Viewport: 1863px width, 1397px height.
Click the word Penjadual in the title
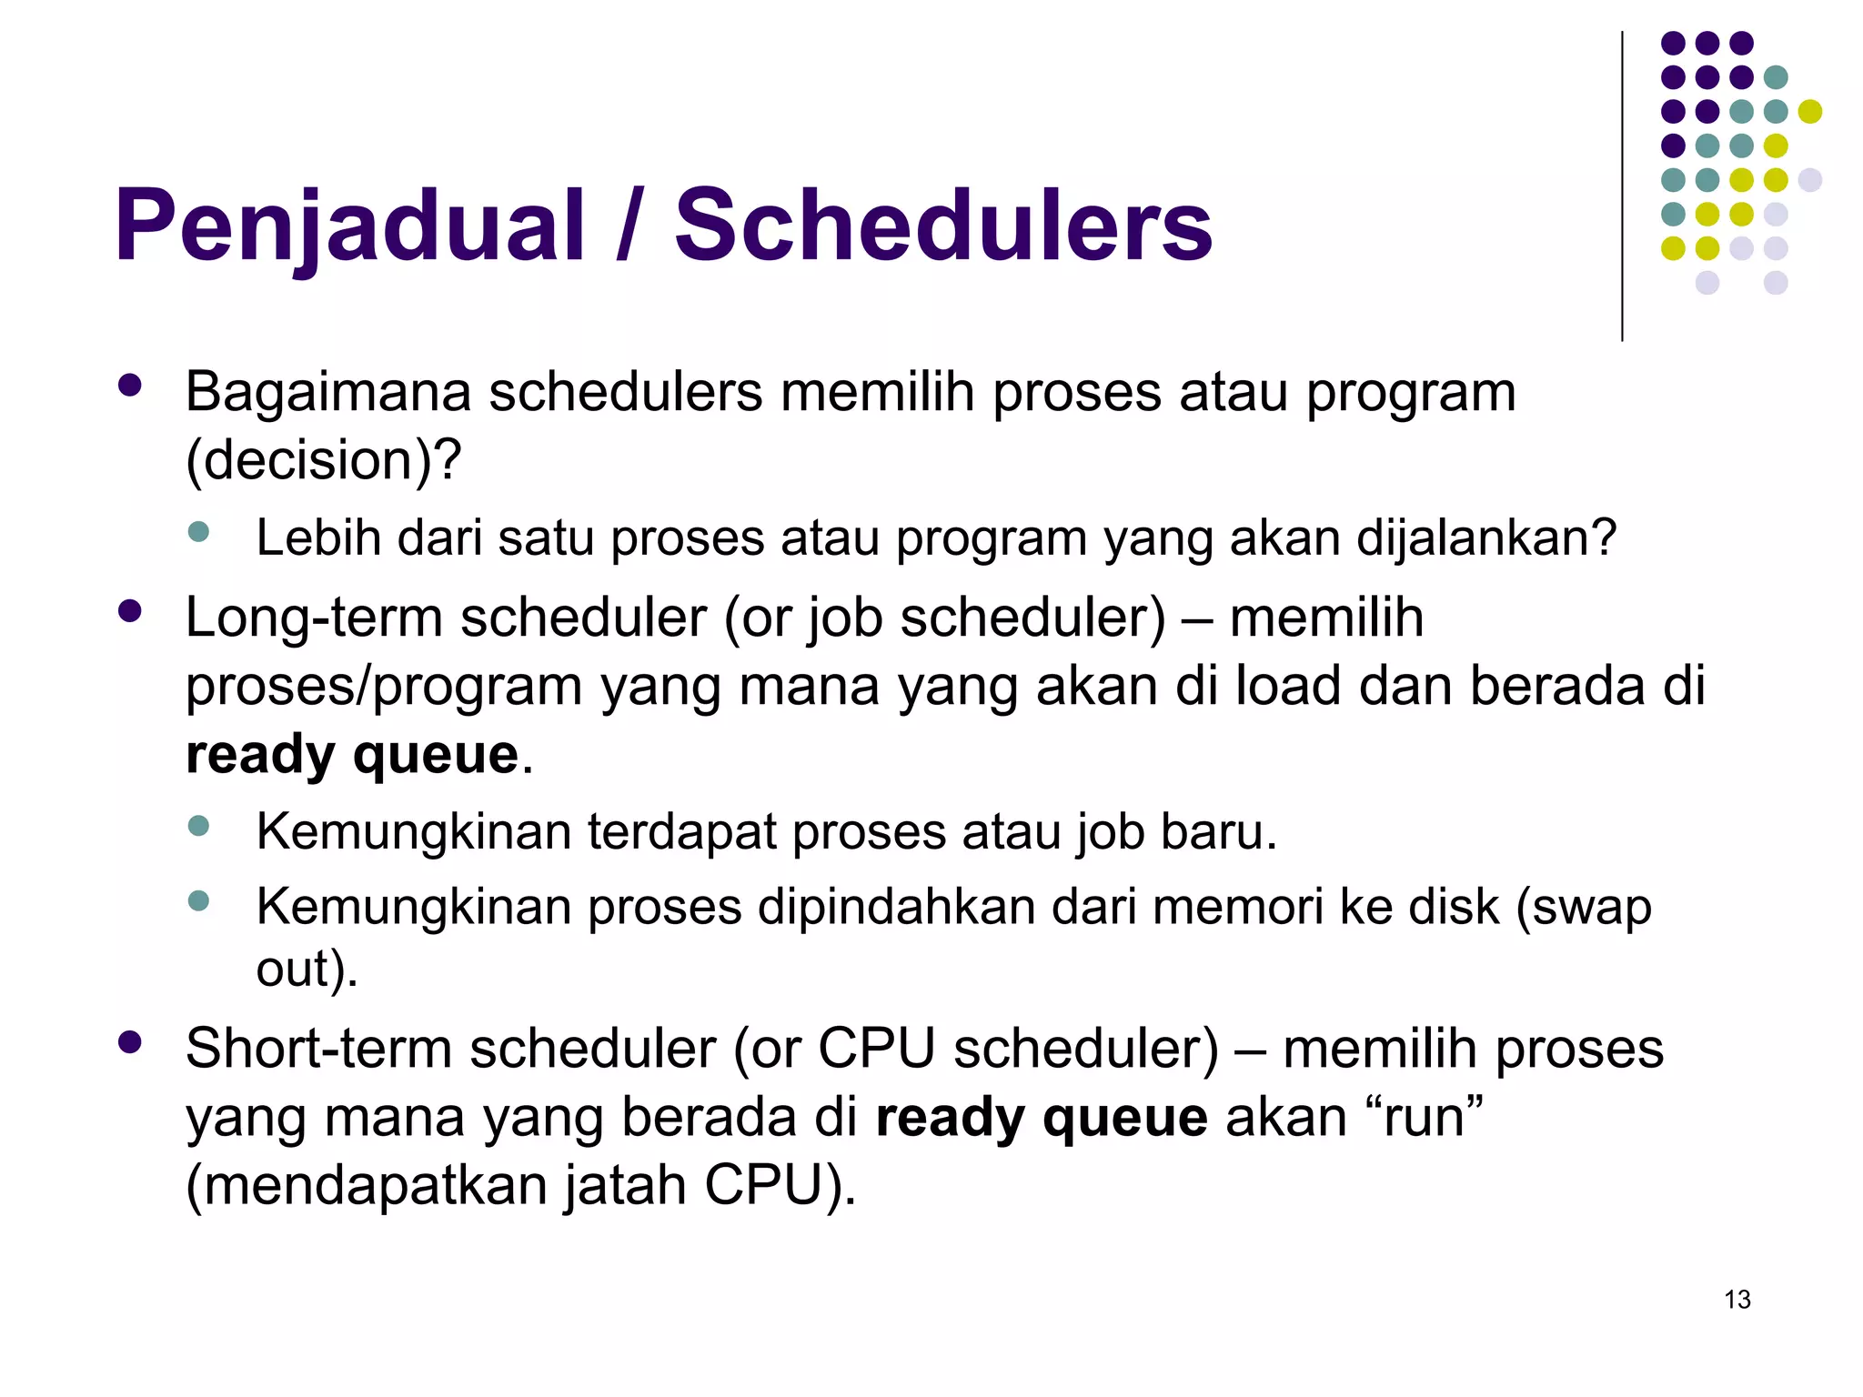[x=348, y=226]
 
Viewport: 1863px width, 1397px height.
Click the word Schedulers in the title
[x=942, y=226]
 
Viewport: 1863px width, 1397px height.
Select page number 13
[x=1737, y=1300]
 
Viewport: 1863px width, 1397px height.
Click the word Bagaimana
[x=327, y=393]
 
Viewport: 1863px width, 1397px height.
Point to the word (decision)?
[x=323, y=460]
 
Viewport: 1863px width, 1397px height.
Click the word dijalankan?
[x=1486, y=538]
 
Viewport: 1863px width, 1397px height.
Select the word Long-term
[x=314, y=618]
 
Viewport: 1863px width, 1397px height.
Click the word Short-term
[x=318, y=1049]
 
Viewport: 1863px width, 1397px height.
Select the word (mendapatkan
[x=366, y=1186]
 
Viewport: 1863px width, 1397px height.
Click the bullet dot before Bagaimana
[x=130, y=386]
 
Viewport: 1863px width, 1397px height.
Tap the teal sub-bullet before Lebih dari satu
[x=198, y=532]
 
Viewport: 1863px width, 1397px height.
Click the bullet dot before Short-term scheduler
[x=130, y=1042]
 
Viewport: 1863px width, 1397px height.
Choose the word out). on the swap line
[x=307, y=969]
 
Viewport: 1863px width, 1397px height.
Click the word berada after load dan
[x=1556, y=686]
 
